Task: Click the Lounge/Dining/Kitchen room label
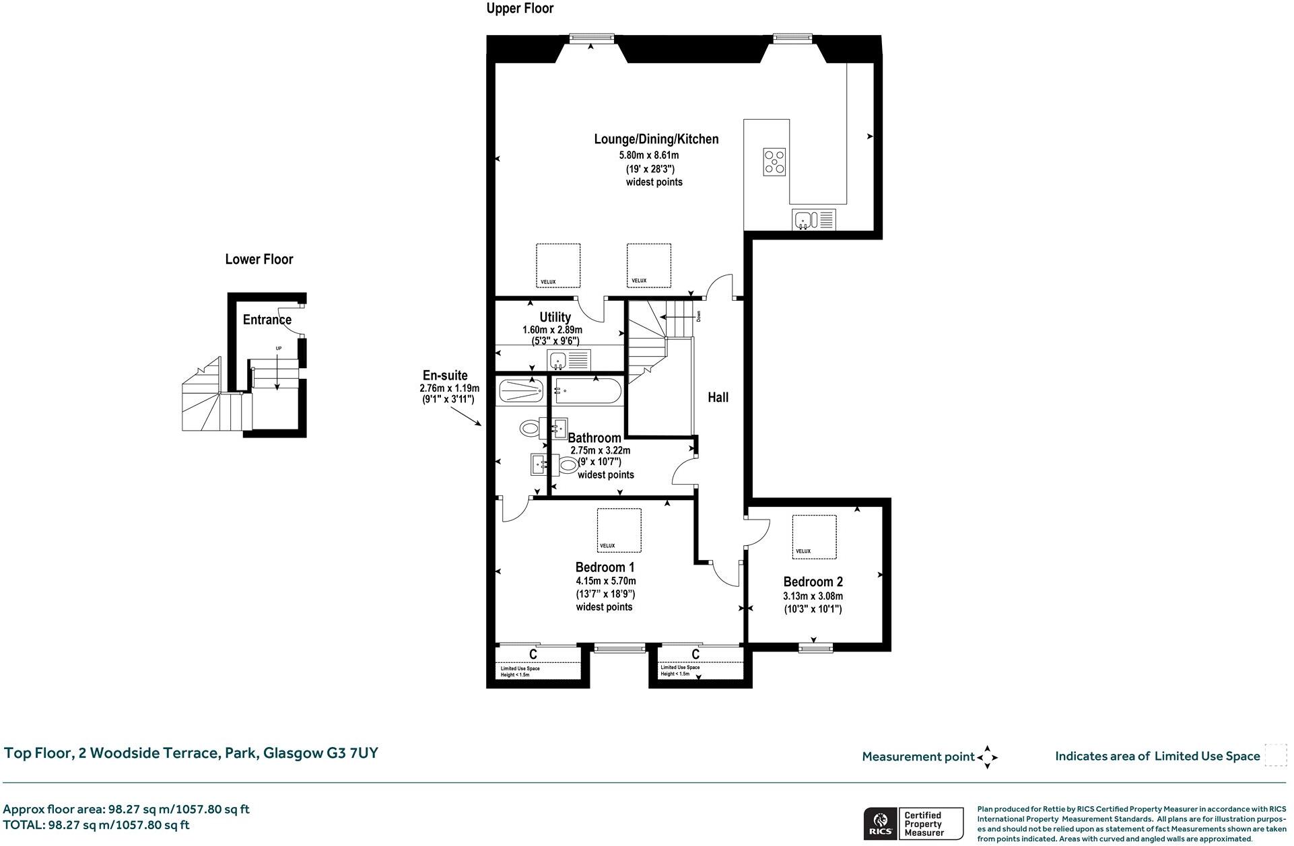656,139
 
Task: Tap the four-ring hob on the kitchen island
774,162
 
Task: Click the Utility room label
555,317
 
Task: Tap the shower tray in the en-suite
520,391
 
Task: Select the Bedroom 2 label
813,581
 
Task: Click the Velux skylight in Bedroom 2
814,536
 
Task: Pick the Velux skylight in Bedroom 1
619,530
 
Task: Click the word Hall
718,397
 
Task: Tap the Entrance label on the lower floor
267,320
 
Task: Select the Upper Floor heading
520,9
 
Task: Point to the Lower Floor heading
259,259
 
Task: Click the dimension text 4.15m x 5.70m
605,581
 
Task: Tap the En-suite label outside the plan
444,376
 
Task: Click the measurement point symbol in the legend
987,756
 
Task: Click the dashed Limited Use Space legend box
1275,755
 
